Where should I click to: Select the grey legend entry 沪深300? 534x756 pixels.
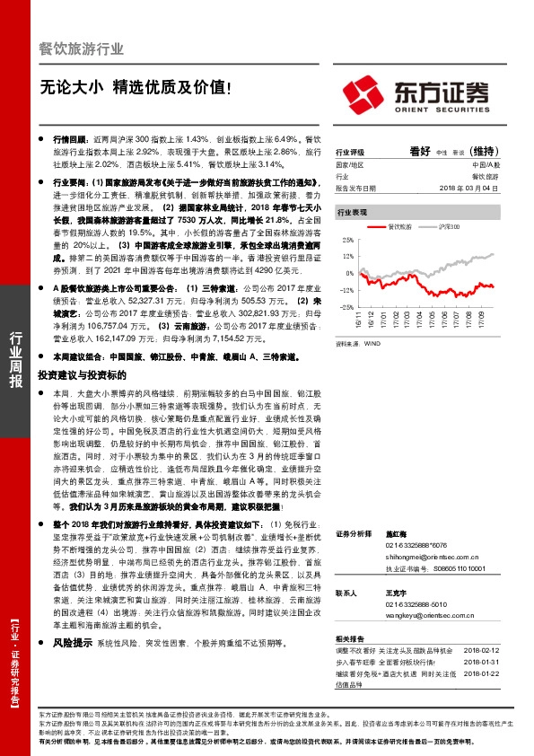point(450,229)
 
